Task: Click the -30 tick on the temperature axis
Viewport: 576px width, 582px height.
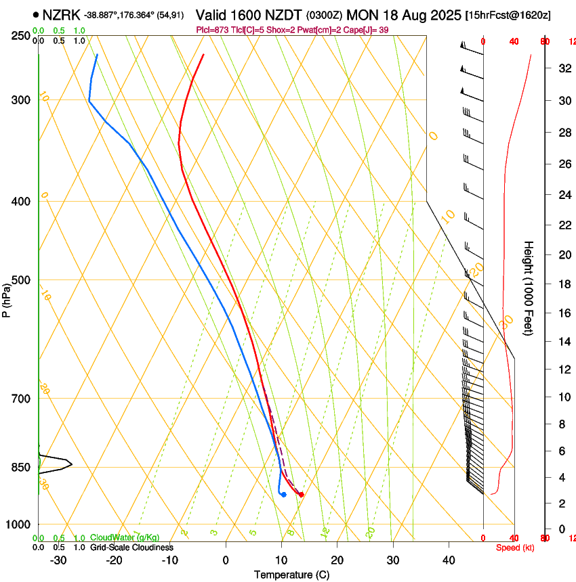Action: point(58,560)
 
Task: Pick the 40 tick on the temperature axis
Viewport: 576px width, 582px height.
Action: point(449,560)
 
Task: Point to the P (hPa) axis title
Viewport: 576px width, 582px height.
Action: point(7,298)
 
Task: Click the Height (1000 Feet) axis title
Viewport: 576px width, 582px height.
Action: point(529,288)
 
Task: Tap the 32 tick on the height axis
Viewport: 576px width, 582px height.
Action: point(562,68)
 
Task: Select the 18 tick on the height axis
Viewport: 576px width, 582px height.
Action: point(562,284)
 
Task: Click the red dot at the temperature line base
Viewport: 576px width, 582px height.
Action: point(301,495)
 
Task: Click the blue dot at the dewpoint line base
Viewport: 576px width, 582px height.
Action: point(283,495)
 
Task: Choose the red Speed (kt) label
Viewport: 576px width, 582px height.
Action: point(515,547)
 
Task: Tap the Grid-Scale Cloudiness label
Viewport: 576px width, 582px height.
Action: point(131,547)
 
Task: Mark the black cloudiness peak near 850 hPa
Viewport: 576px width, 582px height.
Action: point(70,464)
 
